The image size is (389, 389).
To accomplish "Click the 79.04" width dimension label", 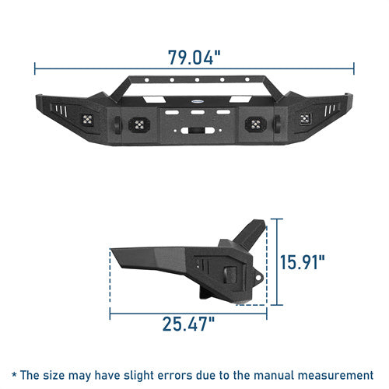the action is [194, 57].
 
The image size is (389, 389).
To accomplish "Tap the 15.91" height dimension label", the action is [303, 262].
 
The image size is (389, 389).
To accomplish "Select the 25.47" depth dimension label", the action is [188, 324].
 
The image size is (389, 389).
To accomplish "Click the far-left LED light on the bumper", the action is [88, 120].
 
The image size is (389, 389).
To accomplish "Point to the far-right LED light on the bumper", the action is [305, 119].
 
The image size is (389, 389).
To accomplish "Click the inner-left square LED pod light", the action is [139, 124].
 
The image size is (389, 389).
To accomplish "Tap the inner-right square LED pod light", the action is [256, 124].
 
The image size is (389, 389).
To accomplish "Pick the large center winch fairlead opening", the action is [198, 131].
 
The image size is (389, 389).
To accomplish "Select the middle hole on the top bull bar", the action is [197, 80].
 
